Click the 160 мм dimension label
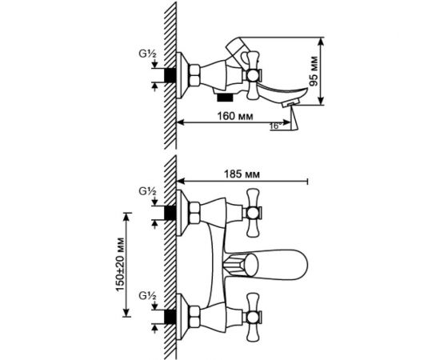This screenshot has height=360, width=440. point(235,116)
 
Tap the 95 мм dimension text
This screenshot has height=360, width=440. point(314,71)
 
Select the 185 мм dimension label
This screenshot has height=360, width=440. point(242,174)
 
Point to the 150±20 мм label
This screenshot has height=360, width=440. point(120,265)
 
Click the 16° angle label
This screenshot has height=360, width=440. point(275,126)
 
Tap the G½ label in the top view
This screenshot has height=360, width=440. point(148,54)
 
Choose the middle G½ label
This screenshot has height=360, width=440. point(148,191)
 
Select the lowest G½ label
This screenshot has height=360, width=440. point(148,296)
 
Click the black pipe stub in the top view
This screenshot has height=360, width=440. point(170,75)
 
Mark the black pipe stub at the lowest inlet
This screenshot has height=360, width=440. point(170,318)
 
